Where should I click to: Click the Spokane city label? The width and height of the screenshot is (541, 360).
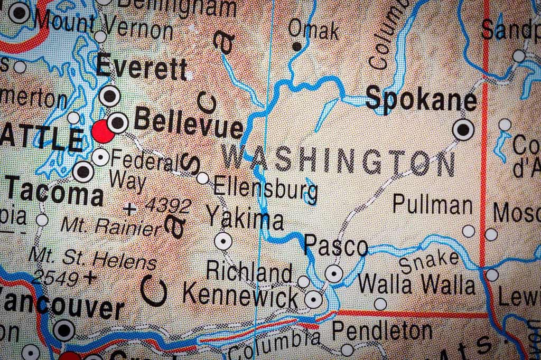pos(421,100)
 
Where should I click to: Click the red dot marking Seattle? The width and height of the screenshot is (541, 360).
pos(102,131)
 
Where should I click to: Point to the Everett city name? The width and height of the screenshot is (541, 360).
pos(142,69)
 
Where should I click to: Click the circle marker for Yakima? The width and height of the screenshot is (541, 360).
pos(223,241)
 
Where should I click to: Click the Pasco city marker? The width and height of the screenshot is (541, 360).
pos(333,273)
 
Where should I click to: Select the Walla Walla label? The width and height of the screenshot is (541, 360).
pos(416,285)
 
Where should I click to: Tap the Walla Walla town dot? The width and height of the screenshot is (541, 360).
pos(380,304)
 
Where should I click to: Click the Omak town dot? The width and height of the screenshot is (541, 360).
pos(297,47)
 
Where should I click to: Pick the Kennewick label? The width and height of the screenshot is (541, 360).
pos(240,294)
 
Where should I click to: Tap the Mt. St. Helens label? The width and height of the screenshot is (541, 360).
pos(92,258)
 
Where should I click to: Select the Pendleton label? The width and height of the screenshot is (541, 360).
pos(382,331)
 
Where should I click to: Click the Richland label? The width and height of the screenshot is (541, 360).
pos(249,271)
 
